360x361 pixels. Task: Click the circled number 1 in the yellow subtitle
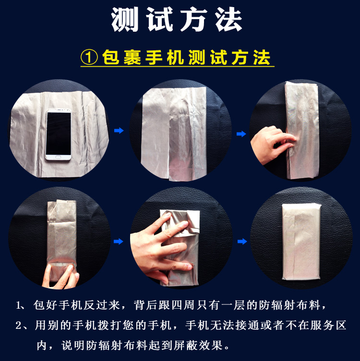(x=89, y=58)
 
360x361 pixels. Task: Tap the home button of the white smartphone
(x=58, y=157)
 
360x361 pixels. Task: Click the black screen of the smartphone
(x=59, y=133)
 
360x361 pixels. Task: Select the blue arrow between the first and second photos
(x=119, y=131)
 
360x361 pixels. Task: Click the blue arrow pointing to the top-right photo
(x=241, y=134)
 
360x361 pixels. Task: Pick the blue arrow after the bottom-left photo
(x=119, y=241)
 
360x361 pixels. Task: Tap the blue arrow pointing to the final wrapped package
(x=242, y=241)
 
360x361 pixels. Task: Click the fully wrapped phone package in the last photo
(x=301, y=241)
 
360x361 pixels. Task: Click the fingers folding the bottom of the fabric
(x=61, y=277)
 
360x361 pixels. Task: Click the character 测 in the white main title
(x=125, y=19)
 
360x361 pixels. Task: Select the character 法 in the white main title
(x=228, y=19)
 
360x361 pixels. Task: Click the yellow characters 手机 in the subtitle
(x=165, y=58)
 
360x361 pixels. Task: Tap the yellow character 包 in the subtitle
(x=111, y=58)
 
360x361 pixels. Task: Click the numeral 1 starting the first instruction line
(x=18, y=306)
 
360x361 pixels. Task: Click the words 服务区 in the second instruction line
(x=328, y=325)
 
